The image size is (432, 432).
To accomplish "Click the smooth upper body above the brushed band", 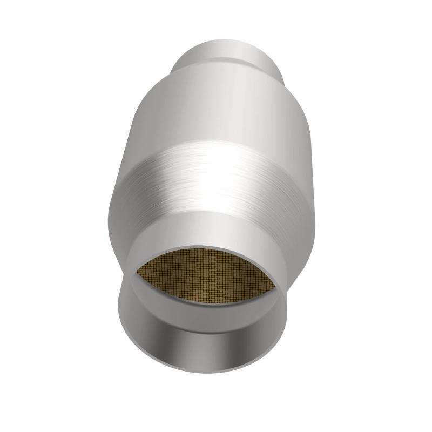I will click(x=216, y=108).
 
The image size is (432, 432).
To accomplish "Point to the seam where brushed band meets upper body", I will click(x=216, y=141).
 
